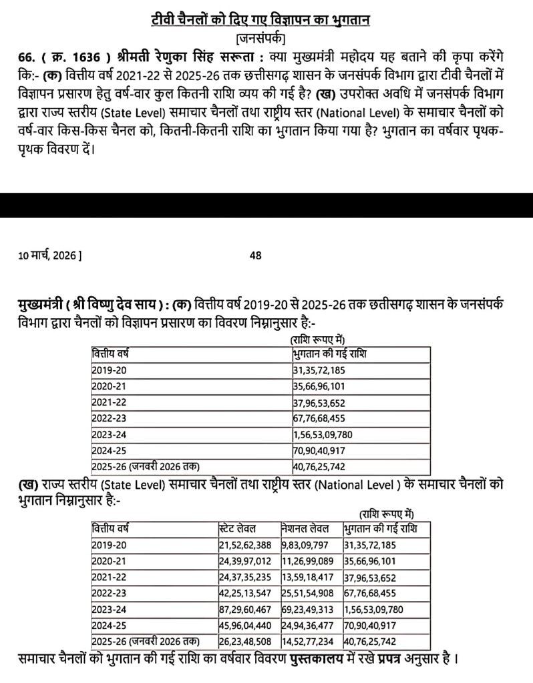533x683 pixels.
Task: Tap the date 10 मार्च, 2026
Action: (x=51, y=255)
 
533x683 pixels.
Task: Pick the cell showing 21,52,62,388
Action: (x=246, y=545)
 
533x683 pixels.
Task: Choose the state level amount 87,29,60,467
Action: (x=246, y=610)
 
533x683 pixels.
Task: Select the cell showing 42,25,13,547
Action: (x=246, y=594)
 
